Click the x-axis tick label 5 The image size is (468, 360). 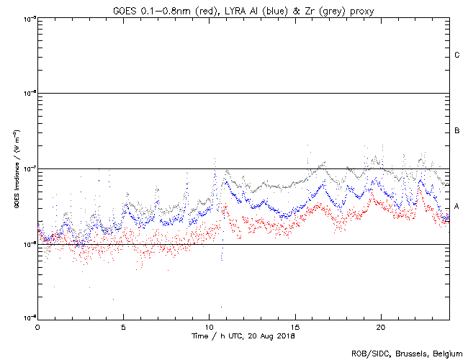123,326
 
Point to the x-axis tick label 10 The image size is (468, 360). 209,326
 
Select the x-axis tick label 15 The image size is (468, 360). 294,326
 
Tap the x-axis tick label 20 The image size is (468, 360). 381,326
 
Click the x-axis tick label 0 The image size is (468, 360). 37,326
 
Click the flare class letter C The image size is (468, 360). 457,55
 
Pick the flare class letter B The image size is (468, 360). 457,130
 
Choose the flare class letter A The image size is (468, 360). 457,206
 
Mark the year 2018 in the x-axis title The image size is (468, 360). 286,336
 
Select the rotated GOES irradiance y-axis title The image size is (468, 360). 15,168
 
